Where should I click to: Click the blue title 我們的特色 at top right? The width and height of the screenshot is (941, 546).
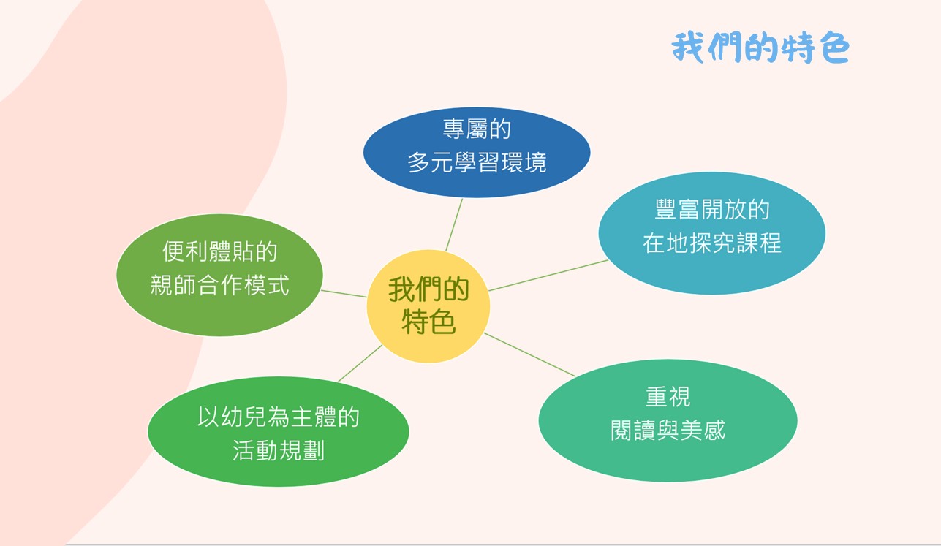pyautogui.click(x=760, y=47)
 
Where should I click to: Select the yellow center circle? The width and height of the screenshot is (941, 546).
pyautogui.click(x=428, y=306)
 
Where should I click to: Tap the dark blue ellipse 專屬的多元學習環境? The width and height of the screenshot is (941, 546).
pyautogui.click(x=477, y=153)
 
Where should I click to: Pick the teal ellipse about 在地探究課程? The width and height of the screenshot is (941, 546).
pyautogui.click(x=712, y=233)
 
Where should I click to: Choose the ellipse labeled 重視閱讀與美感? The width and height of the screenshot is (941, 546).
pyautogui.click(x=668, y=420)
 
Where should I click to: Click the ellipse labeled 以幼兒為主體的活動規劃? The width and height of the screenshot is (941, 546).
pyautogui.click(x=278, y=432)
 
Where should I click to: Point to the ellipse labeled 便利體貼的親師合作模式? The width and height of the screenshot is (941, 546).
pyautogui.click(x=219, y=275)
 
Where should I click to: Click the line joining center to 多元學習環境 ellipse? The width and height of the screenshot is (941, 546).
pyautogui.click(x=454, y=224)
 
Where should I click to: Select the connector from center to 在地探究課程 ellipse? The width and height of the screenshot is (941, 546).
pyautogui.click(x=548, y=275)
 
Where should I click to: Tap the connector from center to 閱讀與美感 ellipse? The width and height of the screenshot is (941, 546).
pyautogui.click(x=529, y=354)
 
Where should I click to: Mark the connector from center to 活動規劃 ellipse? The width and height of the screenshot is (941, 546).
pyautogui.click(x=360, y=363)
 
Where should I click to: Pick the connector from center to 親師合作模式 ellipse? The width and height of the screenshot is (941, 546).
pyautogui.click(x=344, y=294)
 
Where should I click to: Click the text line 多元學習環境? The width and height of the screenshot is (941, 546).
pyautogui.click(x=477, y=162)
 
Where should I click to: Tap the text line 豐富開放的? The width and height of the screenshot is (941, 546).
pyautogui.click(x=712, y=209)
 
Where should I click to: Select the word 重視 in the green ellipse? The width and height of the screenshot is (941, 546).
pyautogui.click(x=668, y=396)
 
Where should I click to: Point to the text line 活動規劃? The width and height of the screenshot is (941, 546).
pyautogui.click(x=278, y=451)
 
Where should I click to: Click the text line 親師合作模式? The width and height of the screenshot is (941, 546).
pyautogui.click(x=219, y=285)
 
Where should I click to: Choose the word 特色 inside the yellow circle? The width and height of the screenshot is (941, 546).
pyautogui.click(x=428, y=322)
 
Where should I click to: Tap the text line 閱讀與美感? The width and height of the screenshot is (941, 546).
pyautogui.click(x=668, y=430)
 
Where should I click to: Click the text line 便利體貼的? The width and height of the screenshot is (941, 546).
pyautogui.click(x=219, y=251)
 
